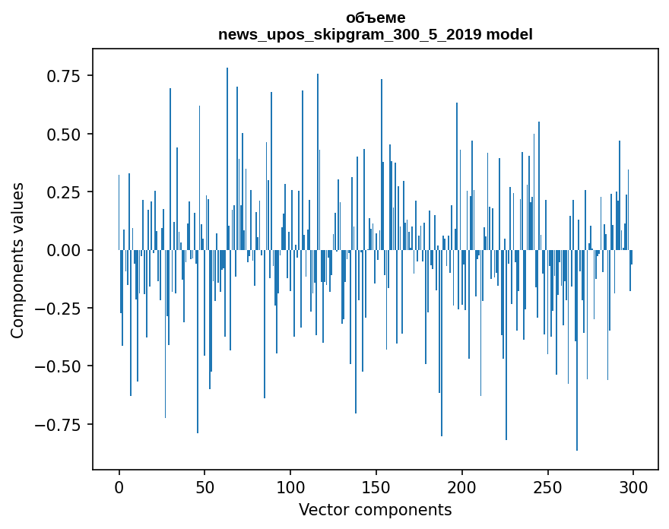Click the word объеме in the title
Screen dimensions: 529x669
click(376, 18)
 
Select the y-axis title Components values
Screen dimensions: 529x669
click(17, 260)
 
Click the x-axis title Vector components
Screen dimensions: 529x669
click(375, 510)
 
